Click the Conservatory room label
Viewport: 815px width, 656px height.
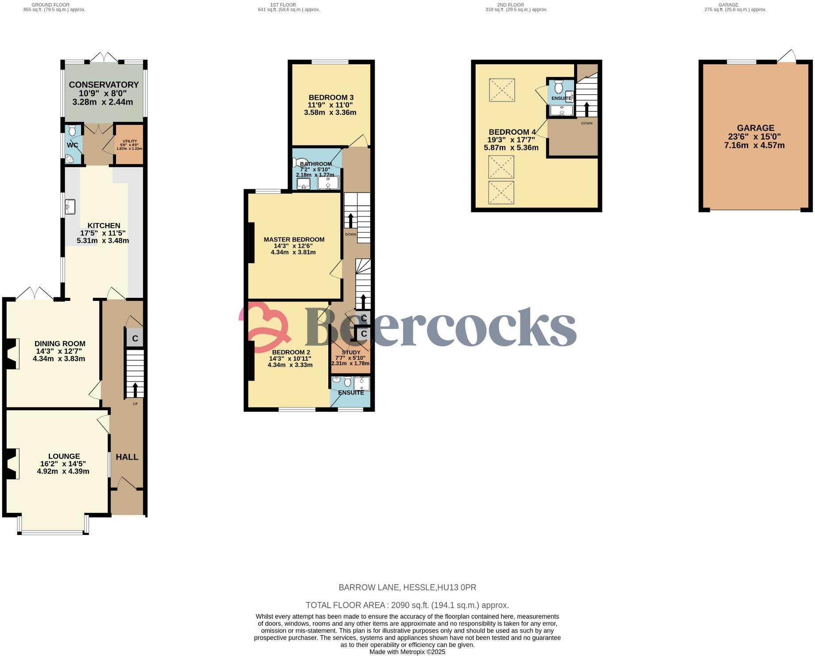[x=104, y=85]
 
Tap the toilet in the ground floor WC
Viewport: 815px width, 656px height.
[x=73, y=130]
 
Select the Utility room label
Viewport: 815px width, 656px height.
[x=129, y=141]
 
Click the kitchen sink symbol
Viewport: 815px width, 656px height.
[x=70, y=207]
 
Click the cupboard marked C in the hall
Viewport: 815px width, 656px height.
[x=135, y=339]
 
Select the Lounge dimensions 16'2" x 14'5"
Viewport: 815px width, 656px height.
[x=63, y=464]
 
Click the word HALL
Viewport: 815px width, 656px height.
[x=127, y=457]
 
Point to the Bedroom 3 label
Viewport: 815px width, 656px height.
[x=331, y=98]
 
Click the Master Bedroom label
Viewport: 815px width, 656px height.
[x=294, y=239]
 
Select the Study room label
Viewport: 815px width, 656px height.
[x=351, y=352]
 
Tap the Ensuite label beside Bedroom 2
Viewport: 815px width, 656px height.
[x=351, y=393]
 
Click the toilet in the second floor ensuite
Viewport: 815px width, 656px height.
[x=558, y=86]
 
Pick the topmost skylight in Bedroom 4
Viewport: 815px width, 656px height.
[x=502, y=90]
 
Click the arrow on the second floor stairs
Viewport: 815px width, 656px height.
[x=586, y=109]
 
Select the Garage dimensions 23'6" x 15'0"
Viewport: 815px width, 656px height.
[x=755, y=137]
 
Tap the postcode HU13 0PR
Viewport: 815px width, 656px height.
[x=457, y=587]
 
